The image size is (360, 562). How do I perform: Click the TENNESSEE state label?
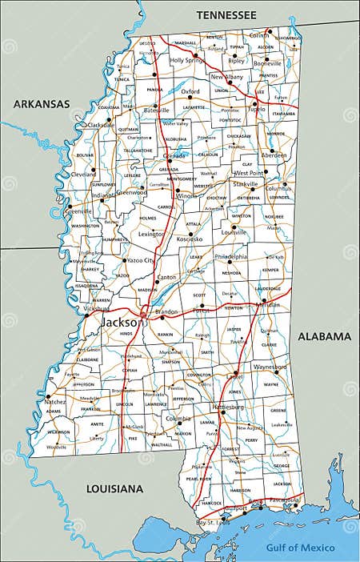[x=226, y=15]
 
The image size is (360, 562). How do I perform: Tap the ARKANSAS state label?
[x=42, y=103]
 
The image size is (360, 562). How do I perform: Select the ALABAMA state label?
[x=324, y=336]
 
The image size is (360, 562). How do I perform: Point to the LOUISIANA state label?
[x=115, y=488]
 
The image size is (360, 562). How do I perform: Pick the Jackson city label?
[x=122, y=322]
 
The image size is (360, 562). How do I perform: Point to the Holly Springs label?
[x=187, y=60]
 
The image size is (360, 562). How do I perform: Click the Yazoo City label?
[x=141, y=261]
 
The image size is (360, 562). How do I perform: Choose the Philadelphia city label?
[x=231, y=257]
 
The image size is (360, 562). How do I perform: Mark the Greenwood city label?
[x=131, y=192]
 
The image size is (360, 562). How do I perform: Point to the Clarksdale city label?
[x=101, y=125]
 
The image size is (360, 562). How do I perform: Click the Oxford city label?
[x=190, y=92]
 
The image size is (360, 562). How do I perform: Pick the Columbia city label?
[x=178, y=419]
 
